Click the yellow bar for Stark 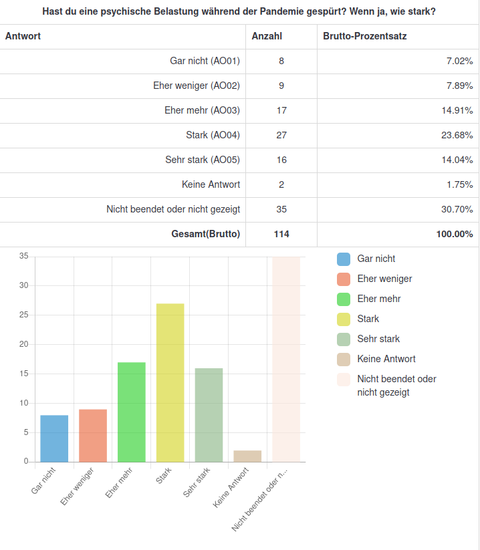click(170, 382)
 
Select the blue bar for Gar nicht click(54, 438)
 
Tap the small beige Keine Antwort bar click(247, 456)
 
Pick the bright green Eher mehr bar click(132, 412)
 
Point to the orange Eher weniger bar click(93, 435)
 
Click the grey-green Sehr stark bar click(209, 414)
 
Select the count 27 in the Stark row click(281, 136)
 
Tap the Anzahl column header click(267, 36)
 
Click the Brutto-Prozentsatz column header click(364, 36)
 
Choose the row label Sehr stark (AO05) click(203, 160)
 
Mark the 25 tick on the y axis click(24, 315)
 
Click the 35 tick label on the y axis click(24, 256)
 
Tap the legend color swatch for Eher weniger click(344, 279)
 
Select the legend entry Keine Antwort click(386, 359)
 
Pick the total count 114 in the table click(281, 235)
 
